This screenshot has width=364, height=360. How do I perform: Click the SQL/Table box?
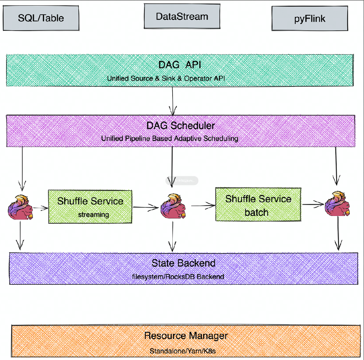41,18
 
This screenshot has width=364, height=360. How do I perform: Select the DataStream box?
182,17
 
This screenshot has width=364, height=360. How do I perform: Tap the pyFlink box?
309,19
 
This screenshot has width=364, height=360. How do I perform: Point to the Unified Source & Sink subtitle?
180,78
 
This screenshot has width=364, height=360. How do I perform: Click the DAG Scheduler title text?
181,126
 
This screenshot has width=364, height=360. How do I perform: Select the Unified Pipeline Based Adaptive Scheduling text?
170,138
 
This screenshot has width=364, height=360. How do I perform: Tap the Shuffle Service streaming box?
90,207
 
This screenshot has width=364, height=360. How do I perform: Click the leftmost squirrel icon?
20,207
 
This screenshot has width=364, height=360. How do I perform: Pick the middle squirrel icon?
173,205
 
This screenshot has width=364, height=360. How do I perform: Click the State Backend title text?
183,264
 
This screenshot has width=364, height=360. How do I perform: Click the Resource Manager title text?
186,336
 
